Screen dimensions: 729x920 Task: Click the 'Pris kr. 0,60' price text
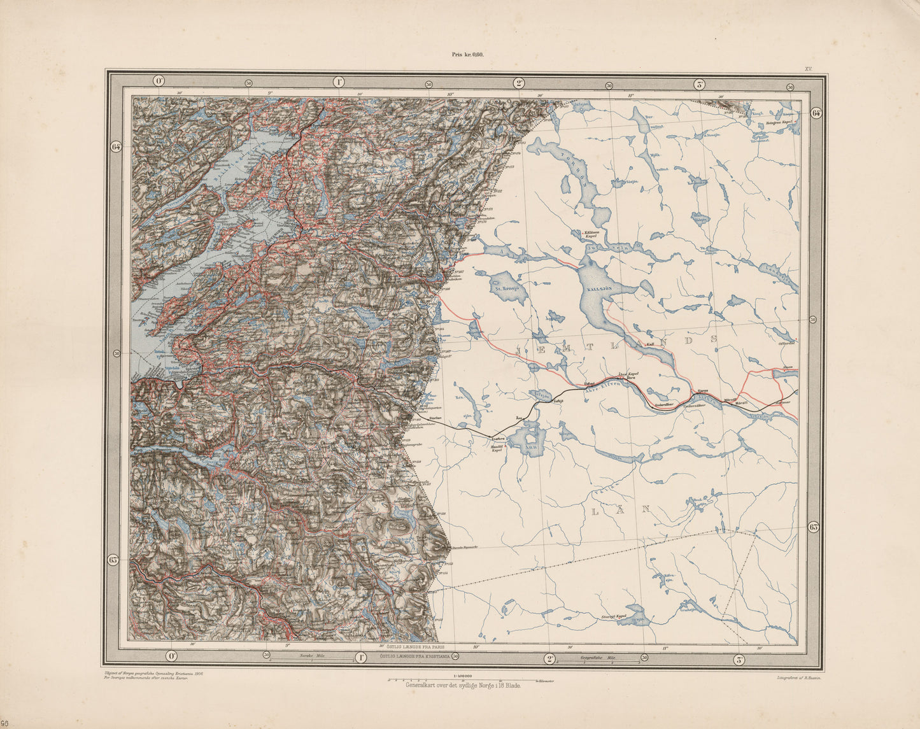[468, 55]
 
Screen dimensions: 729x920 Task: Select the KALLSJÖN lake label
[599, 288]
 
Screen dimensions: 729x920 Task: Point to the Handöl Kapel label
[498, 449]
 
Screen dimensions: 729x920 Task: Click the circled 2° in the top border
[519, 83]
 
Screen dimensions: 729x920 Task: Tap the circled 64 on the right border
[816, 113]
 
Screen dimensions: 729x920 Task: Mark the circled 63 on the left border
[114, 560]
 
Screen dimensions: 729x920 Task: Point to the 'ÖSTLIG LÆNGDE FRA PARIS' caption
[414, 647]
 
